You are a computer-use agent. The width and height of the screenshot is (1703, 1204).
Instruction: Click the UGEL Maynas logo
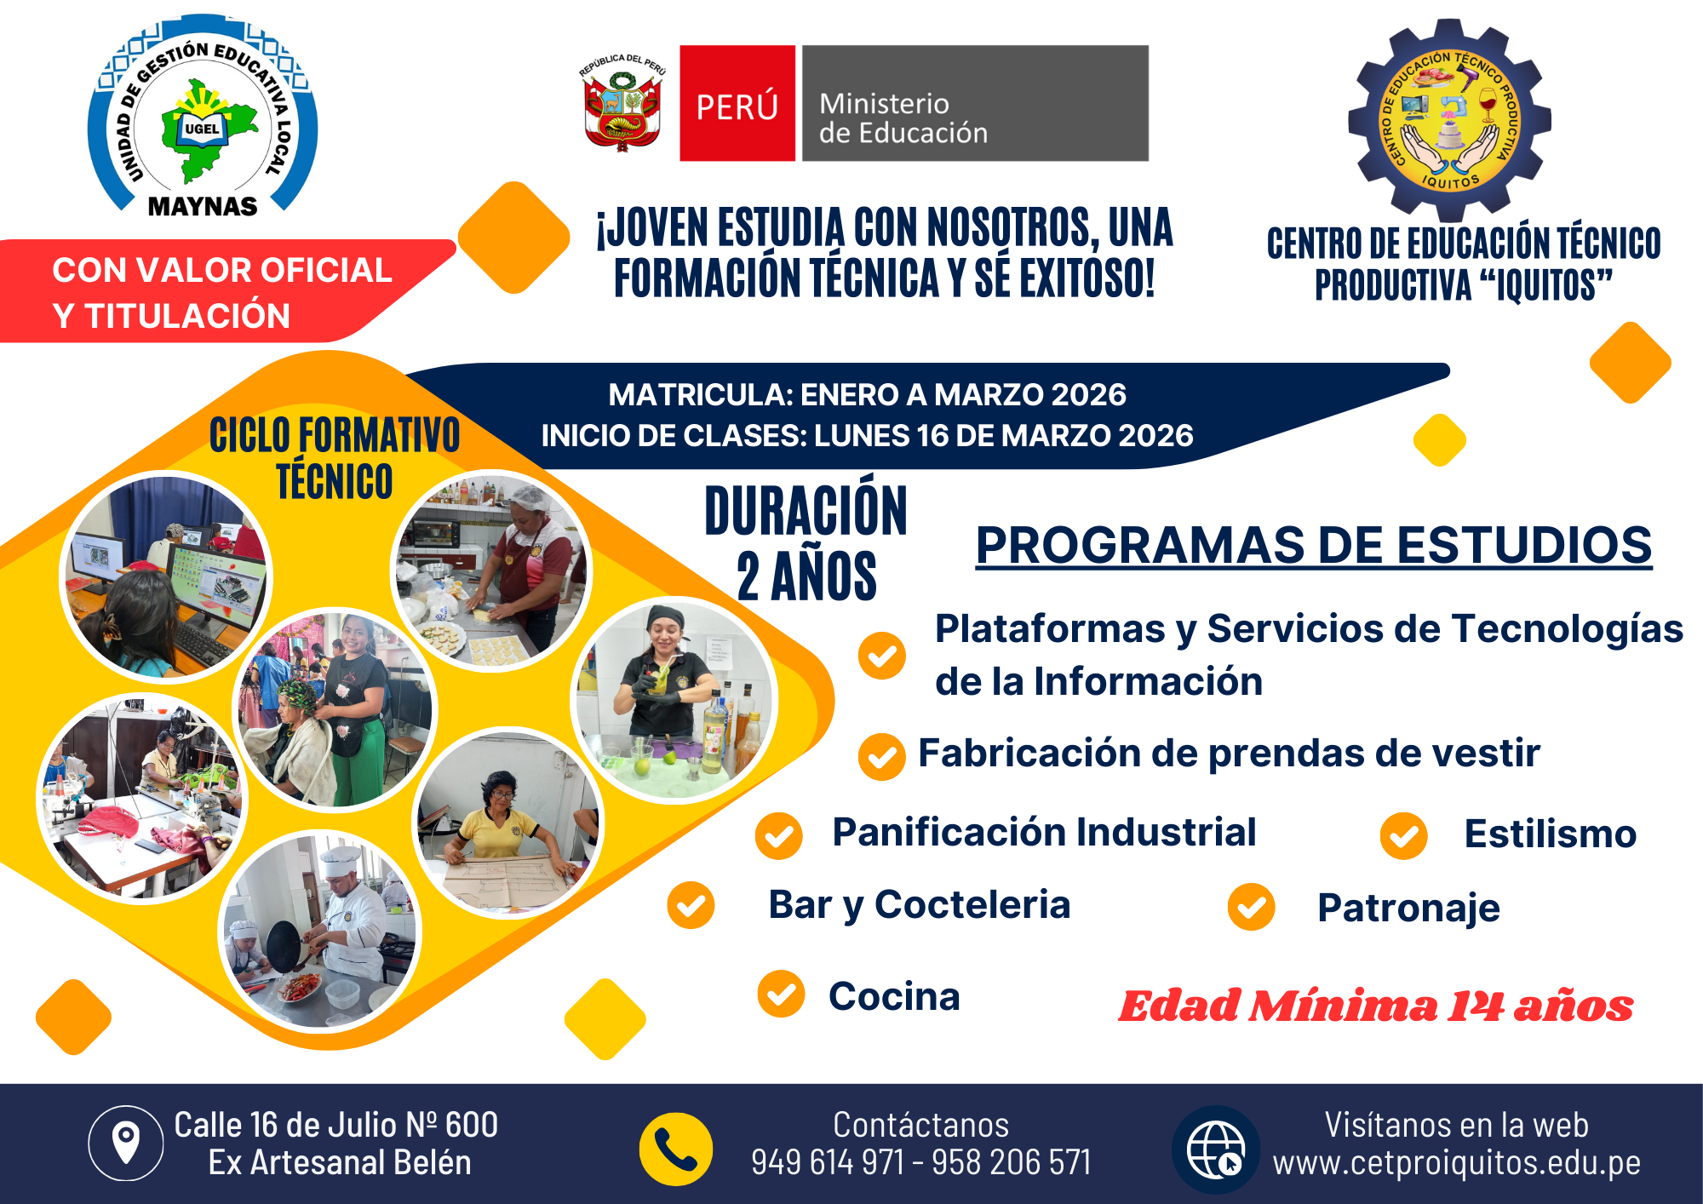(x=203, y=117)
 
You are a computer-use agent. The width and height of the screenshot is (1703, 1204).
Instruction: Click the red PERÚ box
(x=737, y=103)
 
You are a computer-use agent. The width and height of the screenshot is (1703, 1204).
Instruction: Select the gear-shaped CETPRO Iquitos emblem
(x=1449, y=119)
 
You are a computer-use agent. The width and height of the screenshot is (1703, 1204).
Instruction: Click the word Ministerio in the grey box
(x=884, y=104)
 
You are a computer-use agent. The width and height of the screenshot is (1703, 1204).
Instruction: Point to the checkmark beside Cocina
(x=781, y=994)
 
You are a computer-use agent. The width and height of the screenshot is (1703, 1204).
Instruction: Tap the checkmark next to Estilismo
(x=1404, y=835)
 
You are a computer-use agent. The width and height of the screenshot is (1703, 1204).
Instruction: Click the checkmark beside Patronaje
(x=1251, y=907)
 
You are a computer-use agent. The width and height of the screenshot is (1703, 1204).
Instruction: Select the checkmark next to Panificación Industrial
(x=778, y=835)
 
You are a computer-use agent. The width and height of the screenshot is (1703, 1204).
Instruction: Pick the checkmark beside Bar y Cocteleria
(x=691, y=905)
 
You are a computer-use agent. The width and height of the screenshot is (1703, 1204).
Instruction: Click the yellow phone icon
(x=676, y=1150)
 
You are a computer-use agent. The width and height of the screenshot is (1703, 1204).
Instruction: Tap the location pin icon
(x=126, y=1143)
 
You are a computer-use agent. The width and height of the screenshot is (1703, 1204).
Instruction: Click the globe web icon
(x=1216, y=1150)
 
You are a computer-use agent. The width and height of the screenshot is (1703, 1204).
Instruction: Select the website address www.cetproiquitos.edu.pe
(x=1457, y=1162)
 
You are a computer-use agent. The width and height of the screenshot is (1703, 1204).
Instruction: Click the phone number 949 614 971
(x=828, y=1162)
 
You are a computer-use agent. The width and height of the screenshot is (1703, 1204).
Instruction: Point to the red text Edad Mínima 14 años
(x=1376, y=1006)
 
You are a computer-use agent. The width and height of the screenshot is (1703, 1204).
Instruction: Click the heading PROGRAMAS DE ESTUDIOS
(x=1314, y=545)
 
